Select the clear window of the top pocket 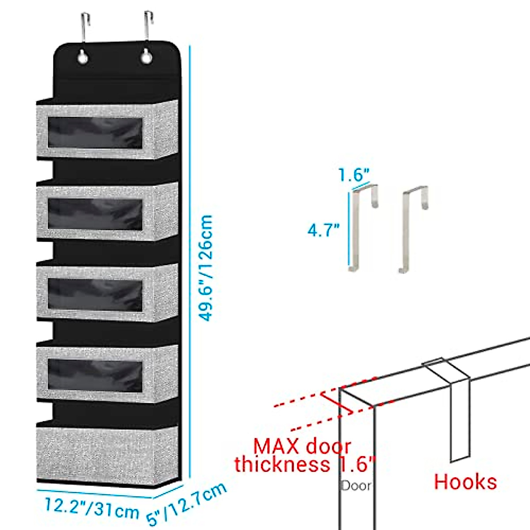click(95, 132)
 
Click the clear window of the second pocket click(95, 214)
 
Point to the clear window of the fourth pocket click(95, 375)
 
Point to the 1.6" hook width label click(354, 175)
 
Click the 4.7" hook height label click(324, 230)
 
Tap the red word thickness click(282, 464)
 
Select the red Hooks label click(465, 481)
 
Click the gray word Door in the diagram click(356, 486)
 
